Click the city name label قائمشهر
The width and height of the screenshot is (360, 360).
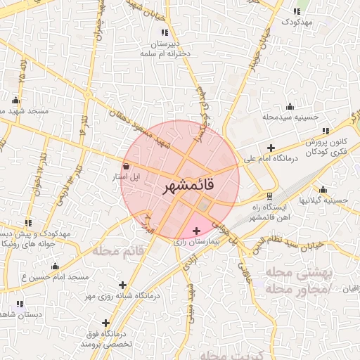[188, 187]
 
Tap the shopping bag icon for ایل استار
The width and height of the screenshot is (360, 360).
[126, 167]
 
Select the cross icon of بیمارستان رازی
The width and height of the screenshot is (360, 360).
[195, 231]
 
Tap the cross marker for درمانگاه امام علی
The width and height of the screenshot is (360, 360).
[271, 147]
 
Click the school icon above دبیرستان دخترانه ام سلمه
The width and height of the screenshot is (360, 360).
[165, 32]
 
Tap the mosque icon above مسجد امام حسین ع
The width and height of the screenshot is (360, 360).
[55, 266]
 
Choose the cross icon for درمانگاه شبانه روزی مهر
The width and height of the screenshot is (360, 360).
[124, 285]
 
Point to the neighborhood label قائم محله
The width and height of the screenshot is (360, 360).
[120, 250]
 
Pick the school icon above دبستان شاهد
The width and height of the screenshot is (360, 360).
[20, 304]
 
